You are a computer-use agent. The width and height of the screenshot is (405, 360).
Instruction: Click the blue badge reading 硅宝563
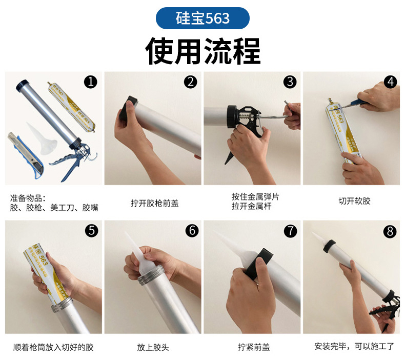click(202, 18)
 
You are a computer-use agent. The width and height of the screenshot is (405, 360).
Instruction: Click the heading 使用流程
click(202, 50)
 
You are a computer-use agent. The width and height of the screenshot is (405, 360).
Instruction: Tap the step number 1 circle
click(91, 81)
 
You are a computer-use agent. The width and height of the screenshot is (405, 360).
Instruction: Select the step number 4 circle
click(391, 81)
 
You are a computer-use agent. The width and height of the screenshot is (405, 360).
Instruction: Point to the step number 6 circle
click(192, 230)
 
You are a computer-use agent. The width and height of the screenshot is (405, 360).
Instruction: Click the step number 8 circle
click(391, 231)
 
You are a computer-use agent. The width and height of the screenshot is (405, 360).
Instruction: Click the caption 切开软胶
click(354, 201)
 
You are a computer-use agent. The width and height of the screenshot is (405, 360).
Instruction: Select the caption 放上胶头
click(153, 347)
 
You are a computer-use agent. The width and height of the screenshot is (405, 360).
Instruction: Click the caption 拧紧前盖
click(253, 347)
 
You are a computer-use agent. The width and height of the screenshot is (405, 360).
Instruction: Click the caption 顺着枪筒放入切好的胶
click(53, 347)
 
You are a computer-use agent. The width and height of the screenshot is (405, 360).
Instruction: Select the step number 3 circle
click(291, 81)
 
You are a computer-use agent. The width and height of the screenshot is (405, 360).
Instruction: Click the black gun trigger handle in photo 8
click(382, 310)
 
